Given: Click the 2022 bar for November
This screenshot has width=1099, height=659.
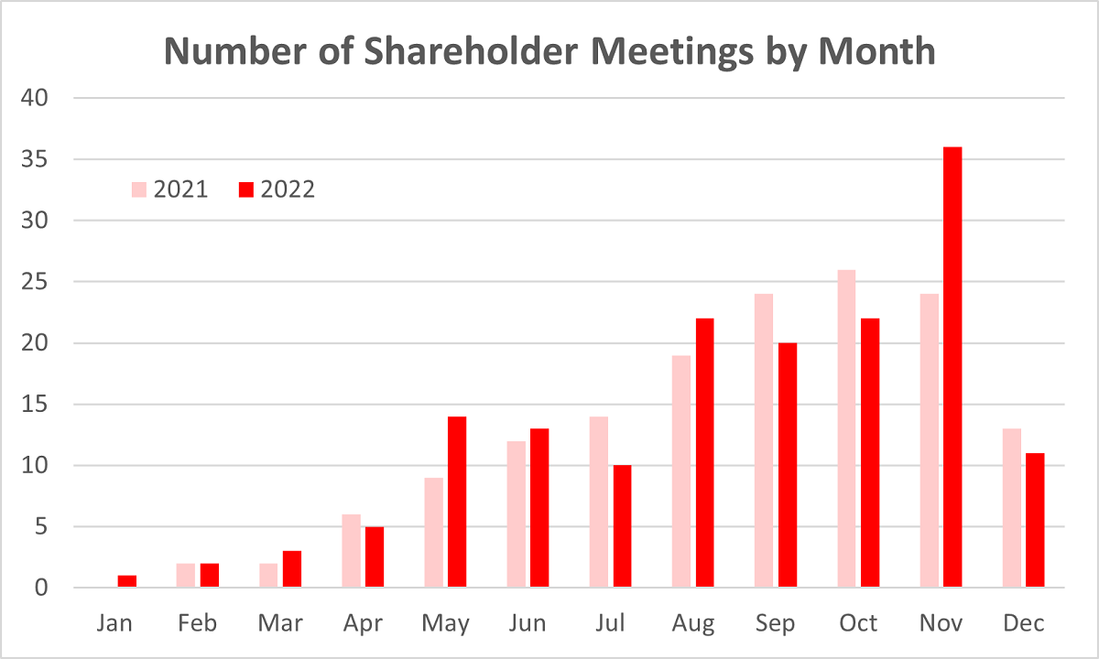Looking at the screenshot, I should [x=952, y=367].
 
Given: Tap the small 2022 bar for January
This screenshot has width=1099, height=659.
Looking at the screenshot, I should [x=127, y=581].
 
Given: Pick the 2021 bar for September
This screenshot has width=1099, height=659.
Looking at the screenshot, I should [x=764, y=440].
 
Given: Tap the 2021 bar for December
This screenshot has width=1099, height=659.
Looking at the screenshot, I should [x=1011, y=508].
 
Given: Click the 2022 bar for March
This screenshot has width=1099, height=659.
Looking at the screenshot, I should [x=292, y=569].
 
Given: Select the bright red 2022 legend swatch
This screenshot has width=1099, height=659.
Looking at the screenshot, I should [x=245, y=190].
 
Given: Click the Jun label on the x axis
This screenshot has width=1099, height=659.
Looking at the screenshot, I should [x=528, y=623].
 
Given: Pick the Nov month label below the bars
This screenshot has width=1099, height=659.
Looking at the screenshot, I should [x=941, y=623].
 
